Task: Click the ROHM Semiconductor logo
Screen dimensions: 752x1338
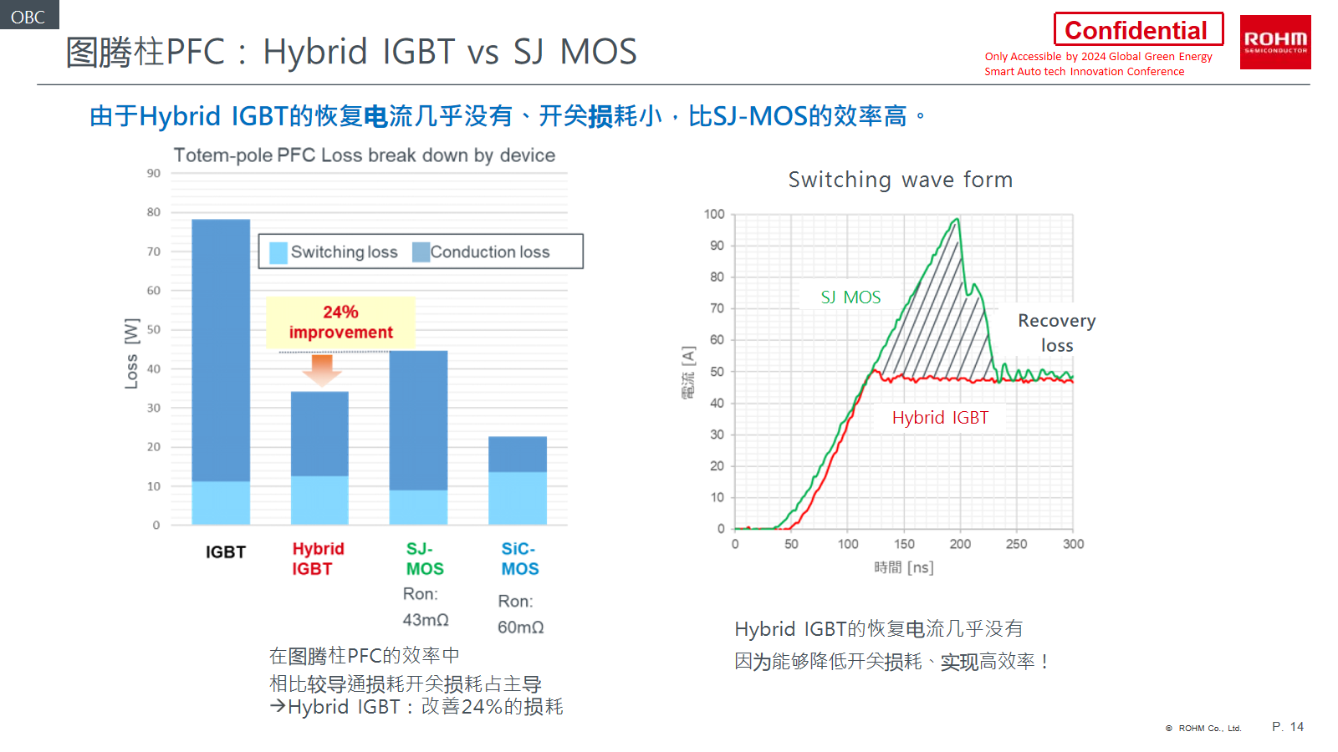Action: (1274, 42)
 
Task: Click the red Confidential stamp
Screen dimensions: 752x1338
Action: (1137, 30)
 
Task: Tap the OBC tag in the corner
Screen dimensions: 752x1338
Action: (28, 16)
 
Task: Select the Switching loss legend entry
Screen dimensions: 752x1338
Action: (334, 252)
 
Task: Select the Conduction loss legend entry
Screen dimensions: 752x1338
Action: (482, 252)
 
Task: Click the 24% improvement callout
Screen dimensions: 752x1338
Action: (340, 322)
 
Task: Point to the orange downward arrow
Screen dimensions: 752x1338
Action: (322, 369)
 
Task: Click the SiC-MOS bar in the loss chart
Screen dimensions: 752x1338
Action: (518, 480)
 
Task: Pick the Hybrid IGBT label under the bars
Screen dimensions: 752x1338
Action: (317, 558)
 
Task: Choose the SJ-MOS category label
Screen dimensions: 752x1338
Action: (425, 558)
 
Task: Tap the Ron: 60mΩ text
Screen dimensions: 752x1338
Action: (520, 614)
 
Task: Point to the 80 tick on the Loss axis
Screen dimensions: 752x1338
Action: (154, 212)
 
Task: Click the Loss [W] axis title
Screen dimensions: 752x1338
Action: (131, 353)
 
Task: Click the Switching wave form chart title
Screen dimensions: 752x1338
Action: (900, 180)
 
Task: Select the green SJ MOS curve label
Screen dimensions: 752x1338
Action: (850, 297)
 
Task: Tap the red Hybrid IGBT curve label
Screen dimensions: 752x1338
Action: (940, 418)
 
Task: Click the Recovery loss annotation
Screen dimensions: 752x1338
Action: (1056, 333)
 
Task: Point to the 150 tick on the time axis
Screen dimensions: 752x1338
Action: (904, 544)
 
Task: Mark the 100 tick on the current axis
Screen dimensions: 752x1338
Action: (714, 215)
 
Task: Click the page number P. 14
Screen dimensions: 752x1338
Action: (1287, 727)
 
